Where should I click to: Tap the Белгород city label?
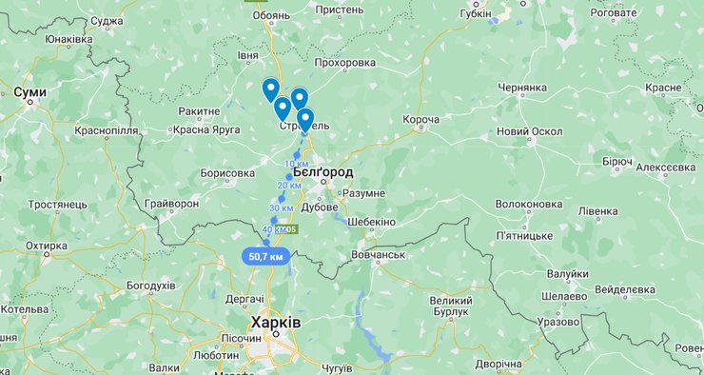coord(323,172)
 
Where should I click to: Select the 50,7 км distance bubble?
coord(265,256)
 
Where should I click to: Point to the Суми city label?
coord(30,92)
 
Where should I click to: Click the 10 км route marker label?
coord(296,164)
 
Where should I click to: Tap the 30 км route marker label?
coord(282,207)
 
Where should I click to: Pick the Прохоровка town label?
coord(343,63)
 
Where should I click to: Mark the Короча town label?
coord(420,119)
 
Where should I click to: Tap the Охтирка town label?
coord(46,246)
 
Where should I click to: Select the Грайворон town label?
coord(171,204)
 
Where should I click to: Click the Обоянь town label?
coord(271,16)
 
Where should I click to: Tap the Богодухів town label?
coord(150,286)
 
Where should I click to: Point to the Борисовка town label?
coord(228,173)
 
